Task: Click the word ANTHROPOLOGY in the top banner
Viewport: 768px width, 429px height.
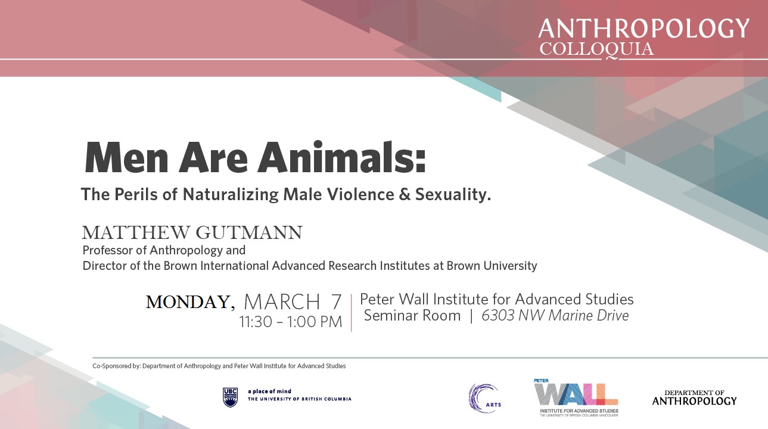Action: click(644, 29)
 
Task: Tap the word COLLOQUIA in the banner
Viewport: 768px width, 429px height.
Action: click(596, 49)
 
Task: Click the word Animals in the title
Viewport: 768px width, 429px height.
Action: click(341, 158)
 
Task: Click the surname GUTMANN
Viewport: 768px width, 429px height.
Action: click(249, 232)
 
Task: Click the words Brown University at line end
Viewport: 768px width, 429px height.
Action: click(492, 266)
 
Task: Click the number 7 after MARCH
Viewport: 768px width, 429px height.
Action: click(336, 301)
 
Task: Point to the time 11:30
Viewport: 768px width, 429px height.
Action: click(256, 322)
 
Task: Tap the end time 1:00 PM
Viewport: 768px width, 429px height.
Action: click(315, 322)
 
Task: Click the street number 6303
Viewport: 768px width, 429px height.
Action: click(498, 316)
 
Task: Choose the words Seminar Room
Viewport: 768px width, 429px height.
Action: click(412, 316)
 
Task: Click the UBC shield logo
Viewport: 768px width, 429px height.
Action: click(231, 397)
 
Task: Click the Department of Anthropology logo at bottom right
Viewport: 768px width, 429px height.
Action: click(695, 397)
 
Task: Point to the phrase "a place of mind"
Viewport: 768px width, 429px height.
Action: click(269, 391)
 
